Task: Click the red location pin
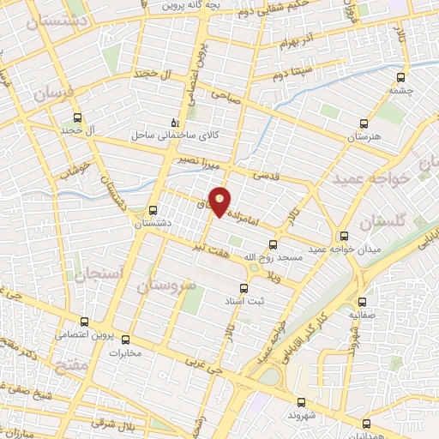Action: click(221, 201)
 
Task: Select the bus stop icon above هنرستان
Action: click(364, 124)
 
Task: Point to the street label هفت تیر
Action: click(210, 245)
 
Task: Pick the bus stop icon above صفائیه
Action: click(361, 302)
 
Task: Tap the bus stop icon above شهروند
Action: click(300, 401)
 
